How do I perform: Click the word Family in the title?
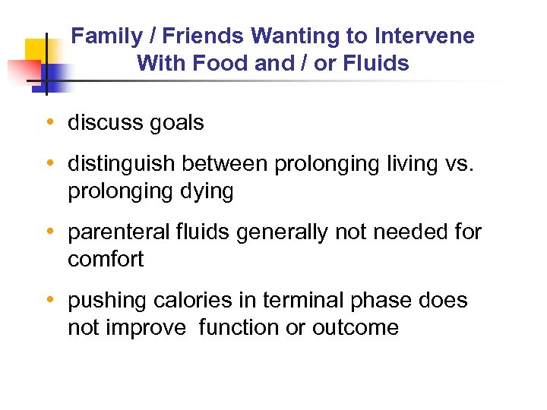(x=105, y=36)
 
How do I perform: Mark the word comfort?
(x=106, y=259)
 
